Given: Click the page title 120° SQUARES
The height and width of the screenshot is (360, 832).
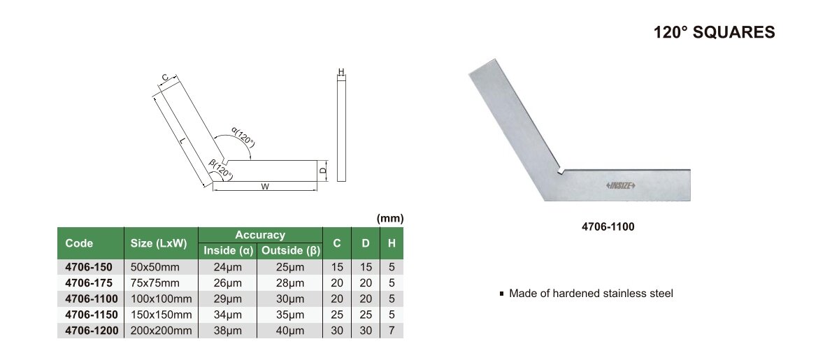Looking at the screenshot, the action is [715, 32].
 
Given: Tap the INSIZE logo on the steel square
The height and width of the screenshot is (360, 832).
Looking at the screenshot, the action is [621, 185].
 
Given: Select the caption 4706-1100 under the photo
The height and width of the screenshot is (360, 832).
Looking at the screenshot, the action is [608, 227].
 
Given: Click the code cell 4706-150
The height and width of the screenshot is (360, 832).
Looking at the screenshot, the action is [89, 267].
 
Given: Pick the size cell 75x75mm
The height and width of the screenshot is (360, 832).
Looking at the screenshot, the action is [155, 283].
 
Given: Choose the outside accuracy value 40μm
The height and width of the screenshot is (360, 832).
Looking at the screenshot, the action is [290, 331].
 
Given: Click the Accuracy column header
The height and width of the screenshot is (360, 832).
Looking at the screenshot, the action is [260, 235].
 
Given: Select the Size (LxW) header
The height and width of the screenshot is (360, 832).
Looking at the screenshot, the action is [159, 244].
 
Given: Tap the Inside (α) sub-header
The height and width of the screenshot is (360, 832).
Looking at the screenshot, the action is [228, 251].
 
